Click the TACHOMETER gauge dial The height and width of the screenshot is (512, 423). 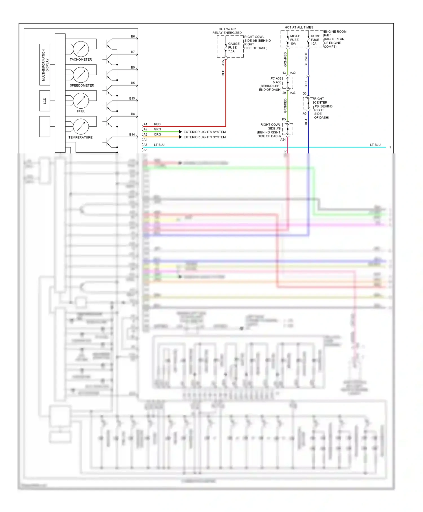coord(81,49)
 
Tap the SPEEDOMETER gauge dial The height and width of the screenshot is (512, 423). coord(81,75)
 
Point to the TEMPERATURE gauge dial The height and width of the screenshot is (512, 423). coord(81,126)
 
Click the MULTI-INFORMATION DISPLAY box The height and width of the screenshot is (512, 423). coord(45,65)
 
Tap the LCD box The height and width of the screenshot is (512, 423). coord(45,101)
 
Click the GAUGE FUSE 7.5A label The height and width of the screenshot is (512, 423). coord(233,47)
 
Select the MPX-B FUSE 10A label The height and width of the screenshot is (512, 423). coord(295,40)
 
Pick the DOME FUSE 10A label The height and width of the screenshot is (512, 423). coord(315,40)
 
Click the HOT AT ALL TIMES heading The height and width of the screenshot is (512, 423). coord(299,27)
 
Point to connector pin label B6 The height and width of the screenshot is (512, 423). coord(133,36)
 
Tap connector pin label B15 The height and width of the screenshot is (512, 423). coord(132,98)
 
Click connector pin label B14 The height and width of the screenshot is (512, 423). coord(132,135)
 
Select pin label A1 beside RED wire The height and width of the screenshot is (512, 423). coord(146,124)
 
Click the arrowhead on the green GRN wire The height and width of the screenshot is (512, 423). coord(180,132)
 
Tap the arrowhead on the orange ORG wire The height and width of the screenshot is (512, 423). coord(180,137)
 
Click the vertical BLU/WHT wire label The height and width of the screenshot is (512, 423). coord(306,60)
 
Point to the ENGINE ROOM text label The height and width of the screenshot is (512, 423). coord(335,32)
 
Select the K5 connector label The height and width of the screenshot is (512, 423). coord(284,119)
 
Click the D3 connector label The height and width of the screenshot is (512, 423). coord(305,93)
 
